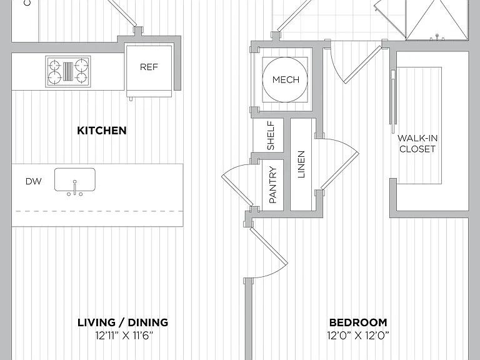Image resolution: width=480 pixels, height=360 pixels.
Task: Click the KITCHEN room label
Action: tap(102, 131)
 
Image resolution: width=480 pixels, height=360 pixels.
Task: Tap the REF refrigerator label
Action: tap(149, 67)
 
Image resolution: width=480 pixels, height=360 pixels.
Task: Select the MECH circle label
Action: tap(286, 80)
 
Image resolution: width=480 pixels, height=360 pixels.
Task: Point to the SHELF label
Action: tap(271, 135)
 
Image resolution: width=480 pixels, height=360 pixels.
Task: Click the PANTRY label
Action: tap(272, 184)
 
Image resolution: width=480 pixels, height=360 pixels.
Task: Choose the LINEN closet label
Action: tap(301, 164)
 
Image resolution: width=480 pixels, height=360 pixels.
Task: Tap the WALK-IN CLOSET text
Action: tap(417, 144)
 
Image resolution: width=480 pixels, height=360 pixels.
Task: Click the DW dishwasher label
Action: tap(33, 181)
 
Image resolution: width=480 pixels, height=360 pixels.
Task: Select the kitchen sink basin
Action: tap(75, 179)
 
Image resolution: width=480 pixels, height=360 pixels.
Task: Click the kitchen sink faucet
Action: tap(75, 188)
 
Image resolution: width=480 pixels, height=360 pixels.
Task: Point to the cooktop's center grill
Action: tap(68, 71)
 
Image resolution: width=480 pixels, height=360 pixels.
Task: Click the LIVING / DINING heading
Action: tap(122, 322)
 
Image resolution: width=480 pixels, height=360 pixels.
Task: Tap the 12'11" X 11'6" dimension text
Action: tap(124, 336)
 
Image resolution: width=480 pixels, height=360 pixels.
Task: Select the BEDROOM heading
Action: tap(358, 322)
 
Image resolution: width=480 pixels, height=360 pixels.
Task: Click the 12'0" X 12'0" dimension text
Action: tap(358, 336)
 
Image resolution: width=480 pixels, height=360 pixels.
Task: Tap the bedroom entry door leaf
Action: tap(269, 245)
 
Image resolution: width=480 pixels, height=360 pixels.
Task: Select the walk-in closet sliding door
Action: tap(393, 101)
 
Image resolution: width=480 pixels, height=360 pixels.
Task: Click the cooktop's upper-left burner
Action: tap(54, 65)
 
